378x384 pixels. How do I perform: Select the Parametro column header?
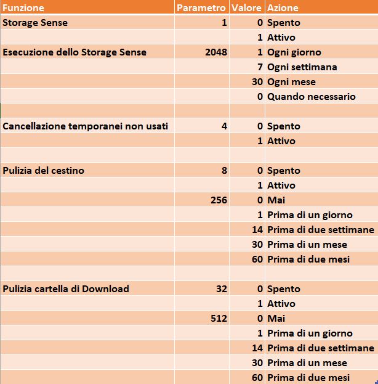click(x=201, y=8)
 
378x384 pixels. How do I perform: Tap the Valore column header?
click(x=246, y=8)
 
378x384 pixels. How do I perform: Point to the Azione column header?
click(x=283, y=8)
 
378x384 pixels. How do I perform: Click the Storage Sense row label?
click(x=35, y=23)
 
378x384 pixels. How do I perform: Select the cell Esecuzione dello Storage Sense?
click(x=74, y=52)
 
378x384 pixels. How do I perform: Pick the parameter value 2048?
click(x=216, y=52)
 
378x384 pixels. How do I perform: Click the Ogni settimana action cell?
click(x=302, y=67)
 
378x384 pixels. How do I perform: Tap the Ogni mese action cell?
click(x=291, y=82)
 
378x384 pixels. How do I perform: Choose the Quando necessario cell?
click(x=311, y=97)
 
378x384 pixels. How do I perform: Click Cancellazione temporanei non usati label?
click(x=86, y=126)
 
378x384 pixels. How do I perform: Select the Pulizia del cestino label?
click(x=43, y=171)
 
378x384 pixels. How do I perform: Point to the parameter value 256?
click(x=219, y=200)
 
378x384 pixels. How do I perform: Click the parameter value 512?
click(x=219, y=319)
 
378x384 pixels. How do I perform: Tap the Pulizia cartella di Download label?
click(x=66, y=289)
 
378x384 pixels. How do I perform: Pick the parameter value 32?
click(x=222, y=289)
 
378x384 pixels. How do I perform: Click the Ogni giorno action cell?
click(x=294, y=52)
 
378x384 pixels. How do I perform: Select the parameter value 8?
click(x=224, y=171)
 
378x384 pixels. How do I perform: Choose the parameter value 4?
click(x=224, y=126)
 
